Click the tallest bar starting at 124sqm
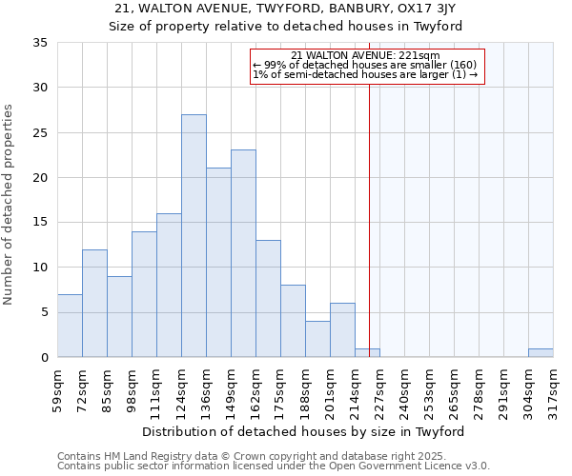pos(194,236)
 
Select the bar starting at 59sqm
pos(70,326)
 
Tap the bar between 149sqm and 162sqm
pos(243,253)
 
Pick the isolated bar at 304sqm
pos(541,353)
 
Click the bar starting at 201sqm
pos(342,330)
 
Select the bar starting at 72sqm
pos(94,303)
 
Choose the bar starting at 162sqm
pos(268,298)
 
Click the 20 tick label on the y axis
pos(40,178)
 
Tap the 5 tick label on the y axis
pos(44,313)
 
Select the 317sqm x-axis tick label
pos(553,390)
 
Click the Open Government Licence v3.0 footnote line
pos(274,466)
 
